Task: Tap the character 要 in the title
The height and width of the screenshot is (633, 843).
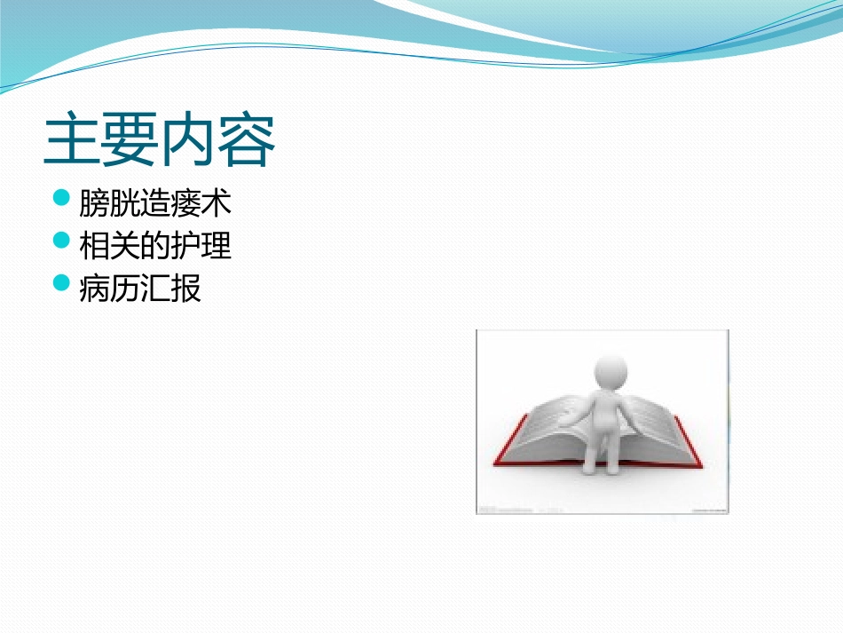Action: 130,140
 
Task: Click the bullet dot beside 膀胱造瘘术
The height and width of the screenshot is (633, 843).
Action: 61,198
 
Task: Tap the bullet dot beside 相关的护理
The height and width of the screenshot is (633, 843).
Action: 61,240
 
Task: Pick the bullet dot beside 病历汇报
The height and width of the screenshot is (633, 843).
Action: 61,282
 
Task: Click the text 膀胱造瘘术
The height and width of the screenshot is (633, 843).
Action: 155,203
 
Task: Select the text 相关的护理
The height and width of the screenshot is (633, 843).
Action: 155,245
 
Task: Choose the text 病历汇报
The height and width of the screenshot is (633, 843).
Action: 140,288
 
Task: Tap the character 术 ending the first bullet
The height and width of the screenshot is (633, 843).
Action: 217,203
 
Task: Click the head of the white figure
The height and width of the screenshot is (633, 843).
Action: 609,368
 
